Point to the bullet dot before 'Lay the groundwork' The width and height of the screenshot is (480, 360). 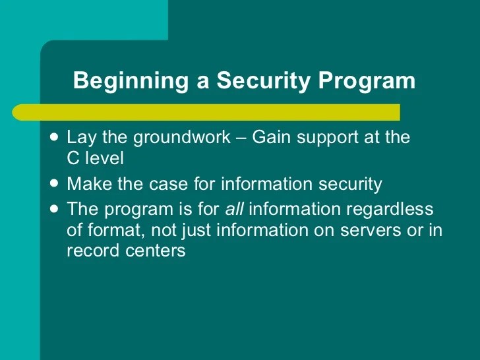pos(53,138)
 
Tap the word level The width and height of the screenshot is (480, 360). pos(104,160)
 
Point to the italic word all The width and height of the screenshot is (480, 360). pos(235,210)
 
